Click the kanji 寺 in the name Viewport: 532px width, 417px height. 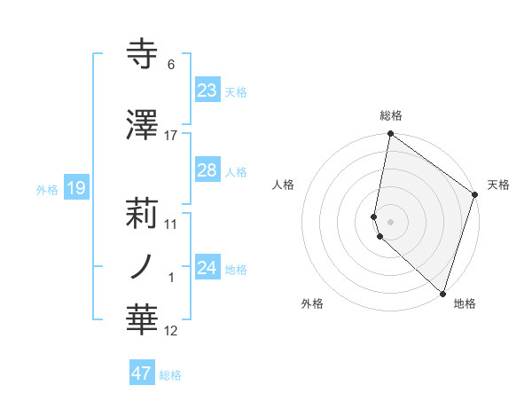pyautogui.click(x=143, y=55)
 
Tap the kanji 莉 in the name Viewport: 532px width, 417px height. pyautogui.click(x=143, y=213)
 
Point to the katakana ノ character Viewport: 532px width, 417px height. pyautogui.click(x=142, y=266)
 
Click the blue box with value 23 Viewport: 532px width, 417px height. pyautogui.click(x=207, y=90)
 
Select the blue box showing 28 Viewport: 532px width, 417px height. pyautogui.click(x=207, y=170)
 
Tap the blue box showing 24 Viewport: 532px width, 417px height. pyautogui.click(x=207, y=267)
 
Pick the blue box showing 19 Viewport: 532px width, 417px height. pyautogui.click(x=75, y=188)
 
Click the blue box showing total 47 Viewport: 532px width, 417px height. pyautogui.click(x=141, y=374)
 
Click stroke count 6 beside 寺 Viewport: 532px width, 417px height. pyautogui.click(x=170, y=65)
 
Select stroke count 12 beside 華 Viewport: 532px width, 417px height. pyautogui.click(x=170, y=332)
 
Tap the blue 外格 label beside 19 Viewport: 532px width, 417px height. pyautogui.click(x=47, y=189)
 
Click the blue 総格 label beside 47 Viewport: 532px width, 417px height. pyautogui.click(x=170, y=375)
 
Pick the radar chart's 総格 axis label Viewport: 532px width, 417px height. pyautogui.click(x=390, y=116)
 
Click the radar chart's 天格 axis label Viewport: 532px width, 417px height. pyautogui.click(x=498, y=185)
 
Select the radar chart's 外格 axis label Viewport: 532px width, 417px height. pyautogui.click(x=312, y=303)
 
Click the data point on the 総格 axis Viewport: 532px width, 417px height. pyautogui.click(x=390, y=134)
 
